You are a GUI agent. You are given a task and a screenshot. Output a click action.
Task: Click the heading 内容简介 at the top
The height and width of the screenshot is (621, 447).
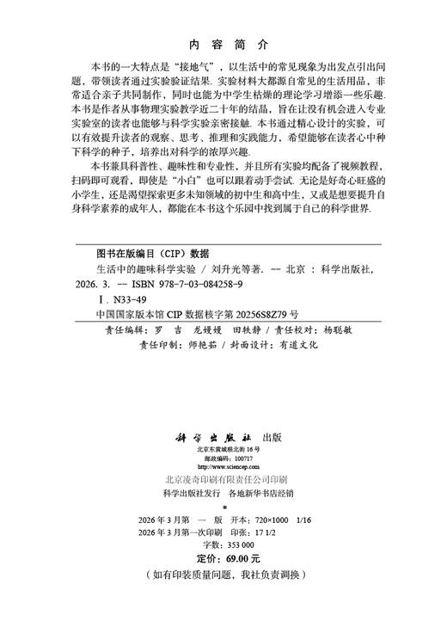pyautogui.click(x=223, y=43)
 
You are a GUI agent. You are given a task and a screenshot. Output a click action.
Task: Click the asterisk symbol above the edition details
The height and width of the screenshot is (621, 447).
pyautogui.click(x=223, y=510)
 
